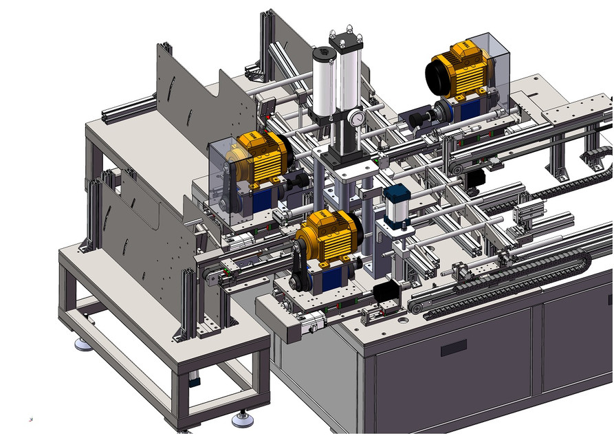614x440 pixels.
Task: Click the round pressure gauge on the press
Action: (356, 118)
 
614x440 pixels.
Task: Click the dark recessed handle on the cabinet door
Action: (453, 347)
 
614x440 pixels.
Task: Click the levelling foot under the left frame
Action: (83, 344)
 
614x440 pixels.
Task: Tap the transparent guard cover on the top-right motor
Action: (496, 62)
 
